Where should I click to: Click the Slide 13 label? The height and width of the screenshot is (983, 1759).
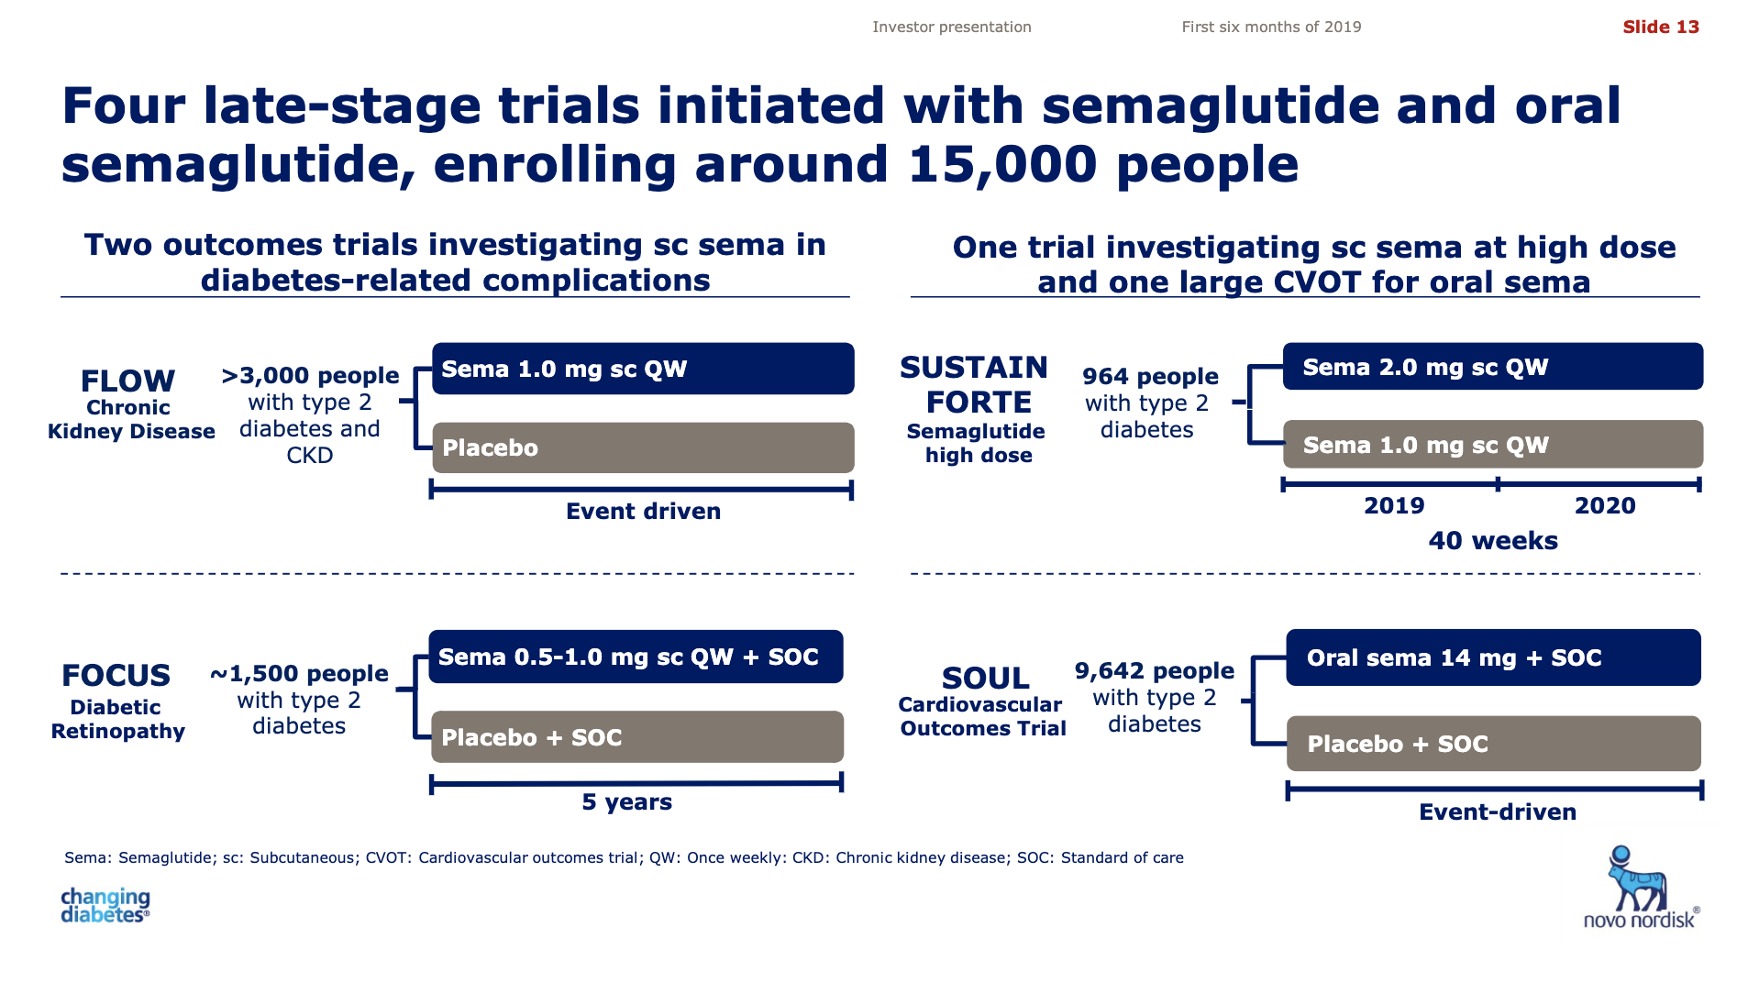(x=1660, y=27)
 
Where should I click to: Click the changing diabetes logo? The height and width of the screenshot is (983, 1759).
(x=105, y=905)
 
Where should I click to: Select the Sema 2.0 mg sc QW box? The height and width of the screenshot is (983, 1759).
(x=1492, y=367)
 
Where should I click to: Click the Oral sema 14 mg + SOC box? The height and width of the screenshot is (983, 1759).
(x=1493, y=657)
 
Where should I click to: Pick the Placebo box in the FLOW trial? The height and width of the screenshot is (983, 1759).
(x=643, y=447)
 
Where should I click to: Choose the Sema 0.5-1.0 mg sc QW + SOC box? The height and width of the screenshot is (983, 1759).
(x=636, y=657)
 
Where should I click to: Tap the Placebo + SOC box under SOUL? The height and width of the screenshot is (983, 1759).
(x=1493, y=744)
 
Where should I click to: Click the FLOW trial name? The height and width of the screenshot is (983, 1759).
(x=127, y=381)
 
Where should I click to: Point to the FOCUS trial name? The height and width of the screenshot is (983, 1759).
(x=116, y=676)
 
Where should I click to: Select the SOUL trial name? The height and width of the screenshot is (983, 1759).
(x=985, y=679)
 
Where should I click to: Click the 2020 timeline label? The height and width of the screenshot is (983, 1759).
(x=1605, y=505)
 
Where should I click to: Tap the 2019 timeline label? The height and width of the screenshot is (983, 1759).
(x=1394, y=505)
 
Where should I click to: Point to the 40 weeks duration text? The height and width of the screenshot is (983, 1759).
(x=1493, y=541)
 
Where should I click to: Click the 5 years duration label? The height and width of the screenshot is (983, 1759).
(x=626, y=802)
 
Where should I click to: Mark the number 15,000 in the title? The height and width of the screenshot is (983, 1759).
(x=1002, y=165)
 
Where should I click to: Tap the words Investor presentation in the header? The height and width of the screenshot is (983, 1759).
(x=951, y=28)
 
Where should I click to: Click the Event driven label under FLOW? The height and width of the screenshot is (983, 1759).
(x=643, y=511)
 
